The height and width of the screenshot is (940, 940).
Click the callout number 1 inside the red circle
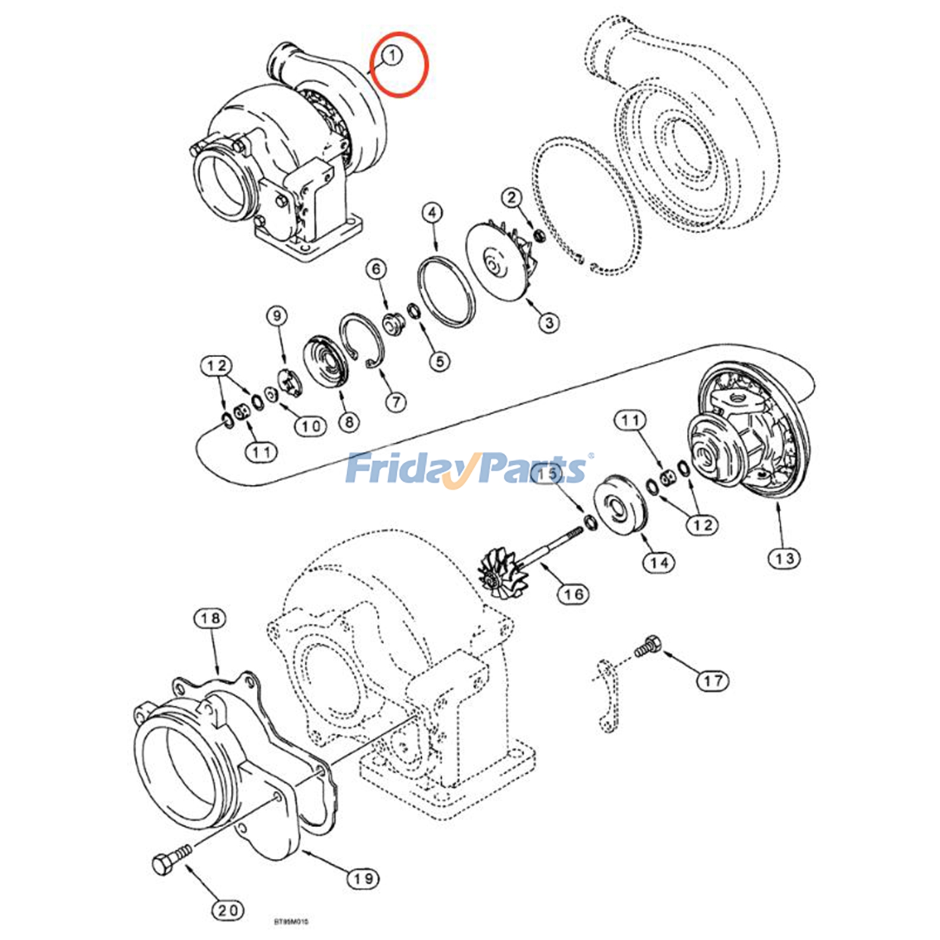pos(392,56)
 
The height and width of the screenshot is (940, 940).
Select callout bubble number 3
pos(549,322)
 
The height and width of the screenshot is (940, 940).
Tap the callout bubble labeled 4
pos(432,213)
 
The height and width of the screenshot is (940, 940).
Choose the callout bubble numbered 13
pos(784,558)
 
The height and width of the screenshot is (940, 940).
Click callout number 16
pos(573,594)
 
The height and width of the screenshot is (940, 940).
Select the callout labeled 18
pos(210,618)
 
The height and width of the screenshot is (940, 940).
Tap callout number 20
pos(227,910)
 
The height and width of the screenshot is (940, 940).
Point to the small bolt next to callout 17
pos(647,646)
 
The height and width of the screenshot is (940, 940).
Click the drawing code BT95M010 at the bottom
pos(291,921)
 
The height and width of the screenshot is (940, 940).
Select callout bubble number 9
pos(277,316)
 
